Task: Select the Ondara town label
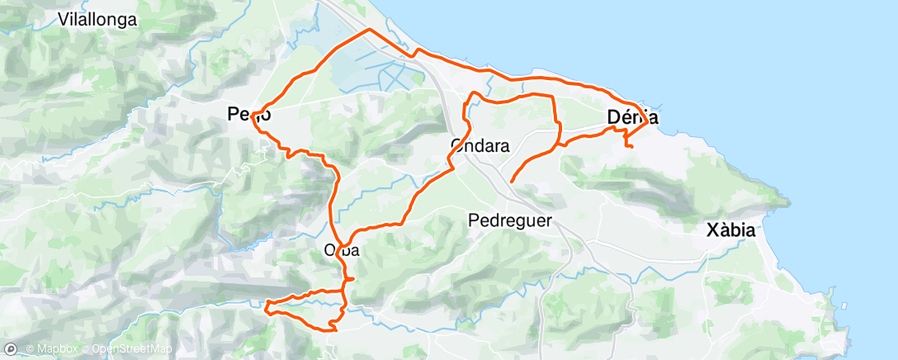480,145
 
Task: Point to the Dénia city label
631,117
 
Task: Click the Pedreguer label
509,220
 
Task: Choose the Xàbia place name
731,230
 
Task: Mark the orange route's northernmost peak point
368,29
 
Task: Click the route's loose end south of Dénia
631,147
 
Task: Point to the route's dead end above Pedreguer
512,181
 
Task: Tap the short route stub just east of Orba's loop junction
353,280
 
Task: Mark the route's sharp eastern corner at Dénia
647,121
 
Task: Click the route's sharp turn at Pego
253,113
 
